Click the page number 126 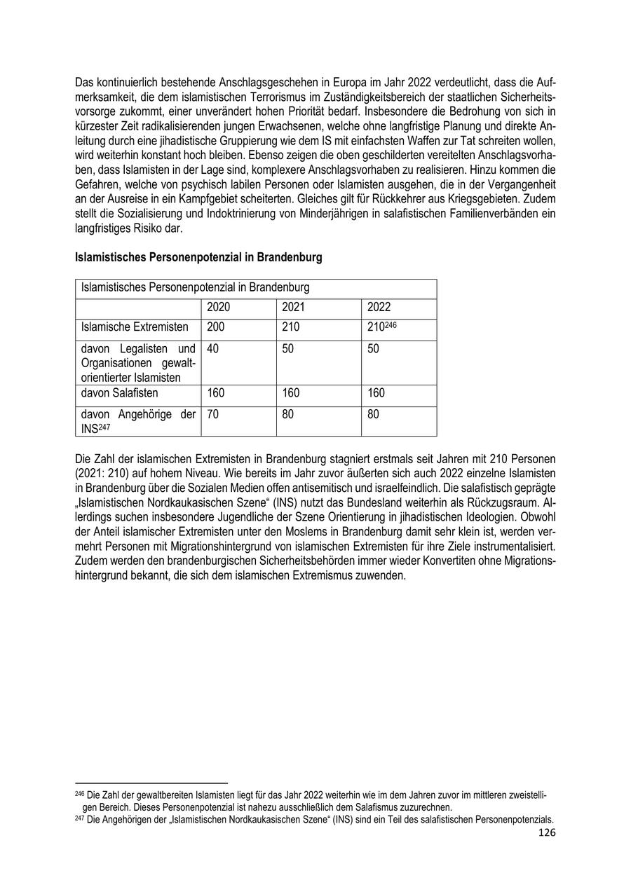coord(546,832)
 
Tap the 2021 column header coord(293,308)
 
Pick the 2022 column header coord(379,308)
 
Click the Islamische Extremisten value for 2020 coord(217,327)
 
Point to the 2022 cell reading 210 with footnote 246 coord(381,327)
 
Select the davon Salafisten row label coord(120,393)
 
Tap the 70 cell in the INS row coord(213,415)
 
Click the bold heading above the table coord(198,258)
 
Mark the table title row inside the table coord(196,287)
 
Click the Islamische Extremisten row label coord(135,327)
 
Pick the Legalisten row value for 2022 coord(373,349)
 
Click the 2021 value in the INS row coord(288,415)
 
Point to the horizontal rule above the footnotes coord(151,783)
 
